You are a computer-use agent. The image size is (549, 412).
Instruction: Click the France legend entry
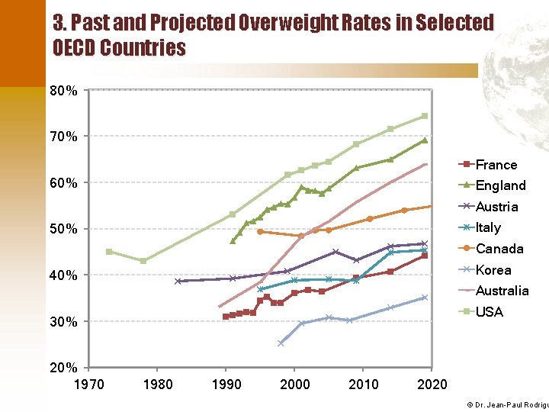tap(496, 165)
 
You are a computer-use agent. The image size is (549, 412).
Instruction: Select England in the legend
tap(500, 185)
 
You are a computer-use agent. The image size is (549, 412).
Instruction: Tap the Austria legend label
tap(496, 207)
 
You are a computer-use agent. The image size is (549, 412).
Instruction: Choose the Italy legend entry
tap(488, 227)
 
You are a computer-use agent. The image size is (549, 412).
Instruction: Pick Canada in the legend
tap(499, 249)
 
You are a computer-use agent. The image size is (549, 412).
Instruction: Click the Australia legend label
tap(502, 291)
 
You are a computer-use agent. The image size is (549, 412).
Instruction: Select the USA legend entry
tap(490, 311)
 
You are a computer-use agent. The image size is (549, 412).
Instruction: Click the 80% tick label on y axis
tap(63, 91)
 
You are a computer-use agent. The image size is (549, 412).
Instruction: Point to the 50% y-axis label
tap(63, 230)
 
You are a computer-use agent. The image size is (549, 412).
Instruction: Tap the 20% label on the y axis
tap(63, 368)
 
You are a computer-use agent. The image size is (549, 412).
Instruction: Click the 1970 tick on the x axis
tap(89, 384)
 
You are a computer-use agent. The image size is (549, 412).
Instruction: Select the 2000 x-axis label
tap(295, 384)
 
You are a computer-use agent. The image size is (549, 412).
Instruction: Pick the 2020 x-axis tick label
tap(432, 384)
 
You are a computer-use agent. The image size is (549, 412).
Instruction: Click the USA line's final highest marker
tap(425, 116)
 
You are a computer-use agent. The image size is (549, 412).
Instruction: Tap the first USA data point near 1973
tap(109, 252)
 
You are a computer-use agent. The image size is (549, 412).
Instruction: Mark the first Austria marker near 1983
tap(178, 281)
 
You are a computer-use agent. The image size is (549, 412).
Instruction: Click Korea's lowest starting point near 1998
tap(281, 343)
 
